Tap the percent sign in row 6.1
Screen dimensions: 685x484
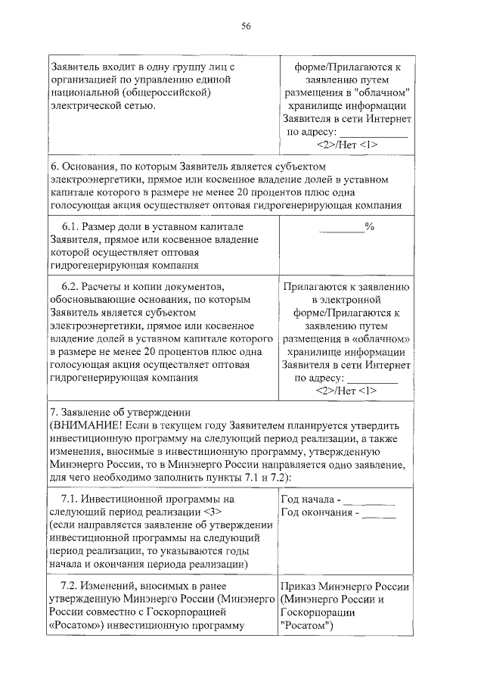point(370,226)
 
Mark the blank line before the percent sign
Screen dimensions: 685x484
point(341,228)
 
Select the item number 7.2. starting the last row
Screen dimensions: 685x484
point(70,587)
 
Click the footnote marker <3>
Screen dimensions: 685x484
point(212,512)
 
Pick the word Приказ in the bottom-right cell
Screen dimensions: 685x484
point(301,587)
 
